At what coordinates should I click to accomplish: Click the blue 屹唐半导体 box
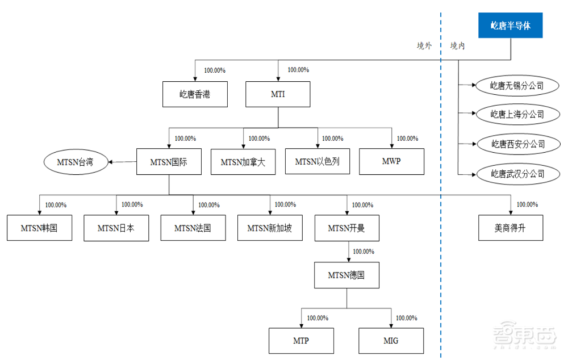coord(511,26)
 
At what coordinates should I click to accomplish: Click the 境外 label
coord(424,45)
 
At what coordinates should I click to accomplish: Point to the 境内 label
coord(457,45)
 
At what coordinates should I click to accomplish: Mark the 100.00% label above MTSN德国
coord(364,252)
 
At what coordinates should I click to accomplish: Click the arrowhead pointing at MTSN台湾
coord(111,162)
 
